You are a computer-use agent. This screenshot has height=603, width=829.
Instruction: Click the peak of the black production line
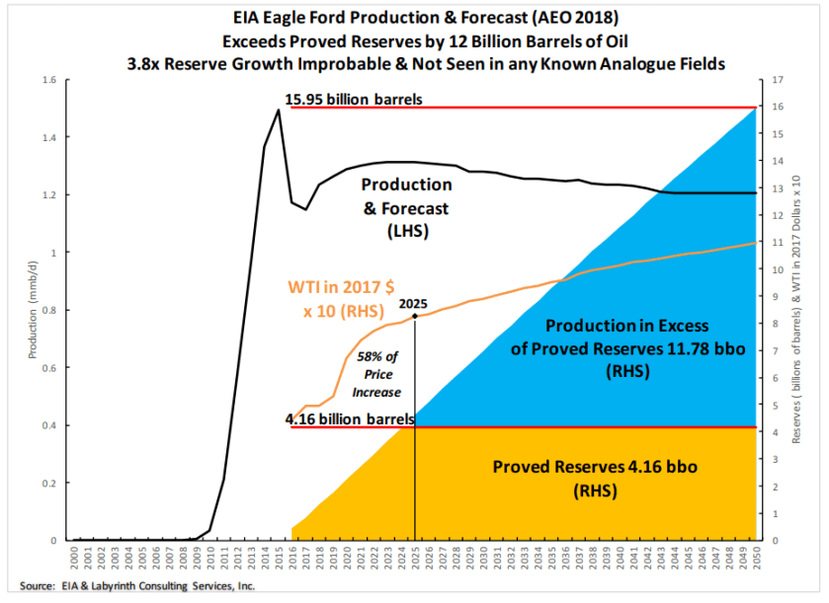coord(278,110)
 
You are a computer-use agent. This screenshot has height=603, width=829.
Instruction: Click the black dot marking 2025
coord(415,316)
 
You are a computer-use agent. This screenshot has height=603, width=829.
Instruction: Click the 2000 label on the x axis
coord(74,560)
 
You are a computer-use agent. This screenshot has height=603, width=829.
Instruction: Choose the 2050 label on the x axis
coord(756,560)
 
